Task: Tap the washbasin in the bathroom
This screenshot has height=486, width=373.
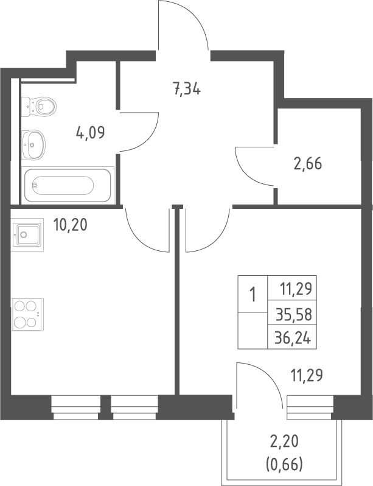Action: [33, 145]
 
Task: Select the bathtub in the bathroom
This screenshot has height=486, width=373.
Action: [68, 185]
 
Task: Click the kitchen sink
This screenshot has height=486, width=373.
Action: [27, 234]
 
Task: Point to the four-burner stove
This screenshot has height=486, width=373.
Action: [27, 314]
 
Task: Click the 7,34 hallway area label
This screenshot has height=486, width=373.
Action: [187, 90]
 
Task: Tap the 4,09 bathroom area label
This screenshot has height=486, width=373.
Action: [91, 133]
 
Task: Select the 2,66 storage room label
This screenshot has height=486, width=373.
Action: [308, 163]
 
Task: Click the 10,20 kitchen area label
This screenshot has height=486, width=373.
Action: [70, 224]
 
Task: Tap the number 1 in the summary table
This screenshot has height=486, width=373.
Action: [253, 294]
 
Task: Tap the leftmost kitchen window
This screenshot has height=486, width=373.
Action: [75, 407]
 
